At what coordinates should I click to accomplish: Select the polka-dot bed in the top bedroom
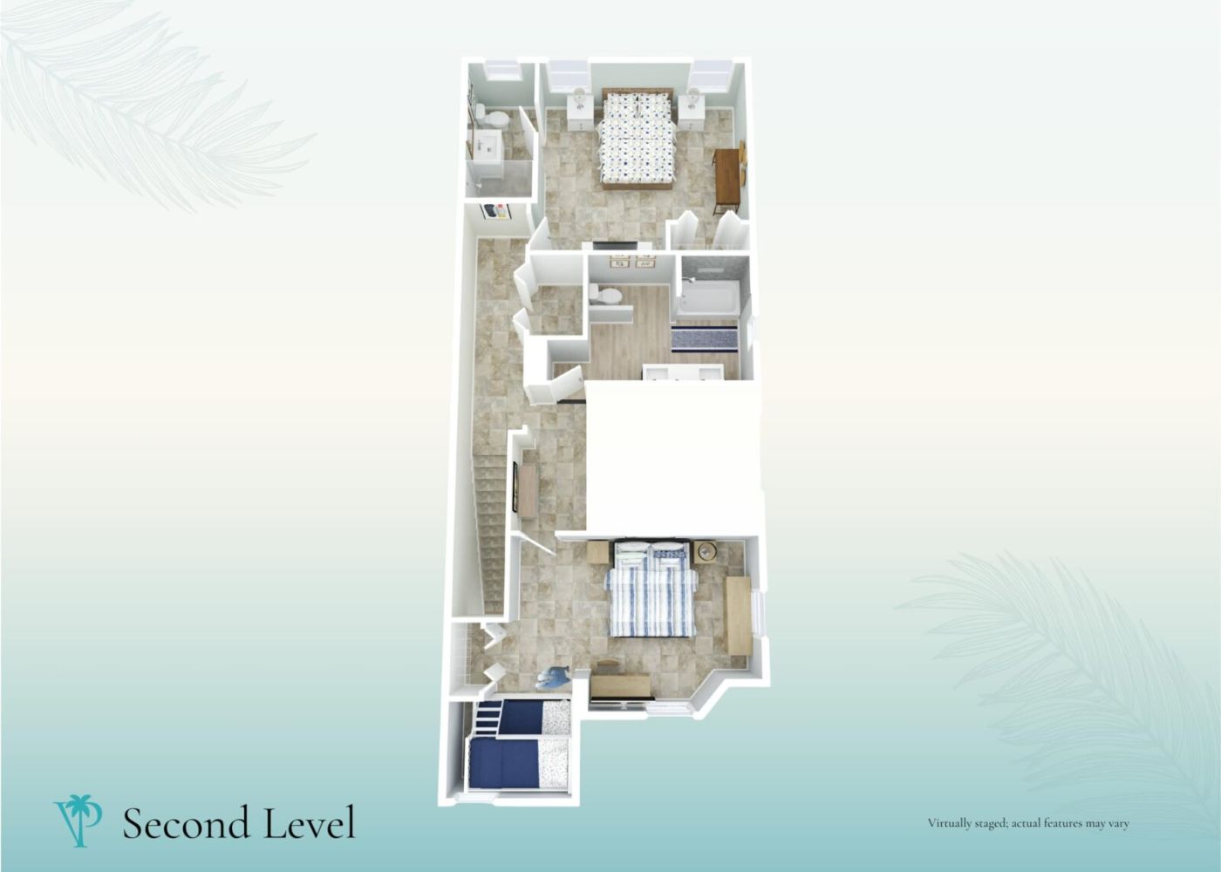coord(636,138)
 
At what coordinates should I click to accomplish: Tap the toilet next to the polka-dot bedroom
coord(493,117)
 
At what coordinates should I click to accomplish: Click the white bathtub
coord(706,298)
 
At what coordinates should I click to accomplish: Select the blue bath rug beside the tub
coord(705,339)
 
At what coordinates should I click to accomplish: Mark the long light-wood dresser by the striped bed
coord(739,616)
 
